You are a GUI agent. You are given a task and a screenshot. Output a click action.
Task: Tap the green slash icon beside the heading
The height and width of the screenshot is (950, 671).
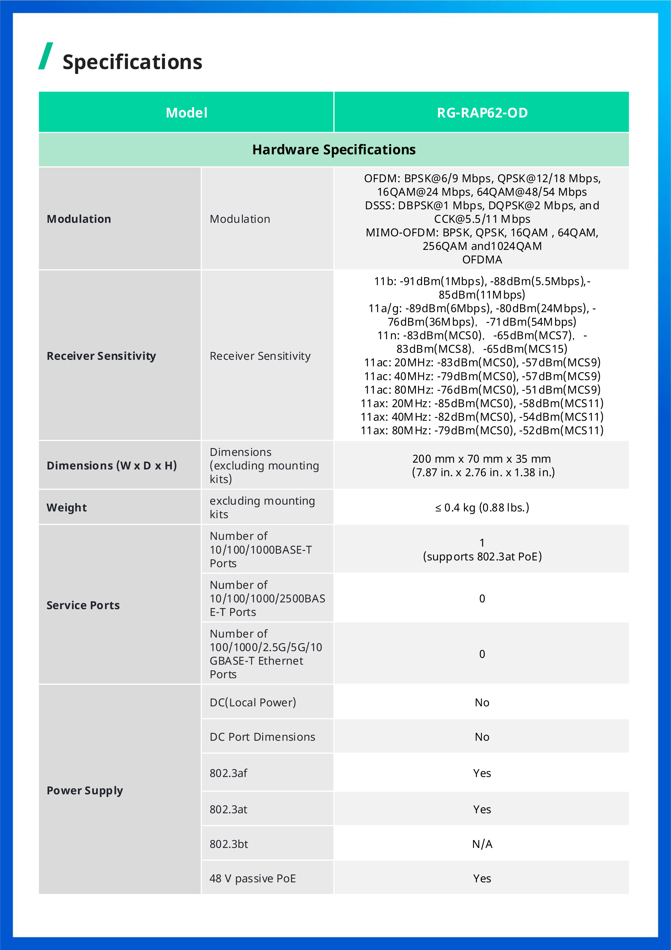(45, 56)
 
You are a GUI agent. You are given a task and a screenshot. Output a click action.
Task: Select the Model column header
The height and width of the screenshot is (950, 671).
(186, 113)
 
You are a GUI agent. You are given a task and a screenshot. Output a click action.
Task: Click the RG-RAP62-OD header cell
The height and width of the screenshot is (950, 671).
(482, 113)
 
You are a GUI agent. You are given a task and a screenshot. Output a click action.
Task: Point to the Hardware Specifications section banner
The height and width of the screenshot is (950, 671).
(334, 149)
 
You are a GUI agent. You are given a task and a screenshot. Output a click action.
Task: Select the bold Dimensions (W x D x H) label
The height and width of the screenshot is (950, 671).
(112, 465)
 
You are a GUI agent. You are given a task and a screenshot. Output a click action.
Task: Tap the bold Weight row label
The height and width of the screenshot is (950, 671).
(67, 508)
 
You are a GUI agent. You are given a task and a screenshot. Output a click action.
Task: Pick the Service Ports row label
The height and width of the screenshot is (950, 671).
(83, 605)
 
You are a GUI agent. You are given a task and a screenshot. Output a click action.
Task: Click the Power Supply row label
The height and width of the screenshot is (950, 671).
(85, 790)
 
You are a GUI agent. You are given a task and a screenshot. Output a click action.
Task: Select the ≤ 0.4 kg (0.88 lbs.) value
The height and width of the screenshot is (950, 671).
(482, 508)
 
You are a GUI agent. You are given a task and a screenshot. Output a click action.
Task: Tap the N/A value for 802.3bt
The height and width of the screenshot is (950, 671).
(482, 844)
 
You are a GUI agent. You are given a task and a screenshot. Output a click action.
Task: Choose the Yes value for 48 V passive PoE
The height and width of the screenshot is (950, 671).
(482, 879)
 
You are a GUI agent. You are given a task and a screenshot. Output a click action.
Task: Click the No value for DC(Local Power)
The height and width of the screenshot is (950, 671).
(482, 703)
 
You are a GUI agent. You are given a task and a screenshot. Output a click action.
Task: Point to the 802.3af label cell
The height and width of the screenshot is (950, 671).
(229, 773)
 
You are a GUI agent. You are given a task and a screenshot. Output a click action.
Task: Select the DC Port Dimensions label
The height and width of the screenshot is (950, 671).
(262, 737)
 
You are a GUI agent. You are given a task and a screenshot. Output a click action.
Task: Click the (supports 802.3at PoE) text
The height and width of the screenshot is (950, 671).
(482, 557)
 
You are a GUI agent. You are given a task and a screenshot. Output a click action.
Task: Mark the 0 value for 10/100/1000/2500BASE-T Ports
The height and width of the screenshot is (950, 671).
(482, 599)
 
